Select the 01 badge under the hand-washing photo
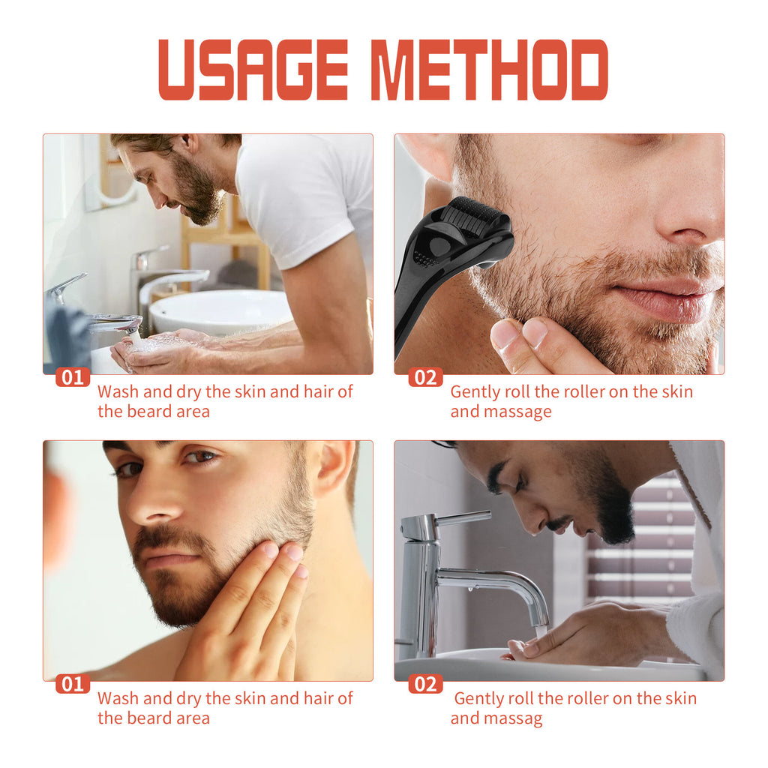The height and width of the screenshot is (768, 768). (x=73, y=376)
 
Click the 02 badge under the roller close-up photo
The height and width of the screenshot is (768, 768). (x=425, y=376)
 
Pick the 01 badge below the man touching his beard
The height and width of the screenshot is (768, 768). (x=73, y=683)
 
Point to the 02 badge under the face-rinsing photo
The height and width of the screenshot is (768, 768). (x=425, y=683)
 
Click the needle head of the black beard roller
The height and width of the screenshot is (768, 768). (x=475, y=218)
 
